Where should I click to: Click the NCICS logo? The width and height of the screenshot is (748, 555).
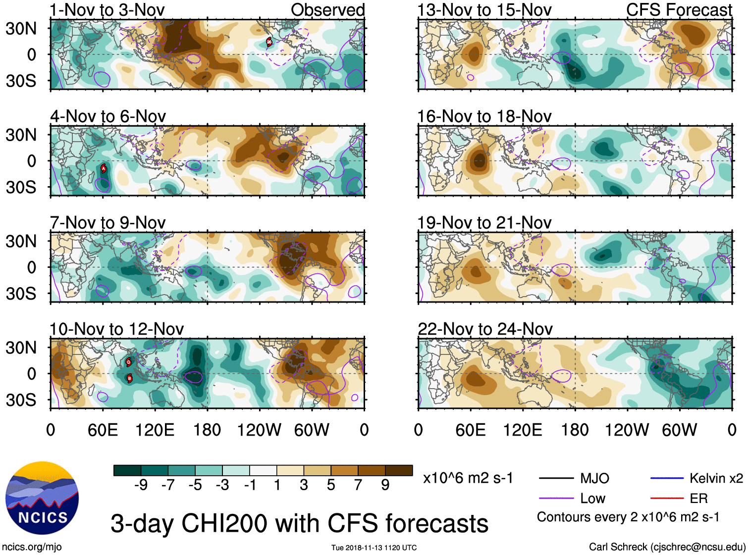coord(42,498)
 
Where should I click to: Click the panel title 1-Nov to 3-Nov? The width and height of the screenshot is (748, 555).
coord(107,10)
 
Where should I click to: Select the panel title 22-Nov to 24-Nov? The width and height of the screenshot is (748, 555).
coord(485,329)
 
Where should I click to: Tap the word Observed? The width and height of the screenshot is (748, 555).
coord(327,10)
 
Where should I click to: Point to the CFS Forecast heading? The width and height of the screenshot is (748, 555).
coord(679,10)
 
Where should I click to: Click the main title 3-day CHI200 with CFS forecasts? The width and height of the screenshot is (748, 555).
coord(299,523)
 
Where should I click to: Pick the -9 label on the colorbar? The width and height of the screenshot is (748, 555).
coord(141,485)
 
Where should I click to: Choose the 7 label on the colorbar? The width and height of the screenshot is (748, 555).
coord(358,485)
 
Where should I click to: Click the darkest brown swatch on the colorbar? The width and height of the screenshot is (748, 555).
coord(399,470)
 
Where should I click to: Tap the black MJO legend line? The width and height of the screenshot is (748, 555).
coord(556,478)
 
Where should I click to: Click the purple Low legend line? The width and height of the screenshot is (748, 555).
coord(556,499)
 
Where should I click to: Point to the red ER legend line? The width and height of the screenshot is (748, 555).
coord(667,499)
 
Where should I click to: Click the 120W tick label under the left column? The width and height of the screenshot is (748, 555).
coord(259,430)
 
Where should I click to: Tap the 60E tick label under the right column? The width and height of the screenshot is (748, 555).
coord(471,430)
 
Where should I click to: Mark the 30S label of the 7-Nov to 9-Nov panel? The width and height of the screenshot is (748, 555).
coord(21,294)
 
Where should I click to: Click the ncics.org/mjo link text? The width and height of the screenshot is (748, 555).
coord(32,547)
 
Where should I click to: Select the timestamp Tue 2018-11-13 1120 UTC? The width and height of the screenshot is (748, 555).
coord(374,548)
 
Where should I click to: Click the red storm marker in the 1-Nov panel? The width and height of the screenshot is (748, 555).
coord(269,42)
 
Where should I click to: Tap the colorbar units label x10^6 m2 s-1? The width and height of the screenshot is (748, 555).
coord(468,478)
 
